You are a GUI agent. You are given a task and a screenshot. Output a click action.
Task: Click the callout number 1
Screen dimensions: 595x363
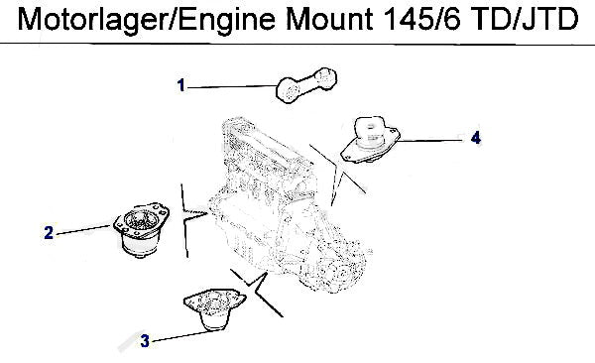(181, 85)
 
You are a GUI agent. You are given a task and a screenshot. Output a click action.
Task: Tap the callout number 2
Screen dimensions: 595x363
(49, 232)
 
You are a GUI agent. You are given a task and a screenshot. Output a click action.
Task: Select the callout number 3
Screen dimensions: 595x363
(145, 341)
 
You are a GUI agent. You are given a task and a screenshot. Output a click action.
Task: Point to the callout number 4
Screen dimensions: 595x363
(476, 137)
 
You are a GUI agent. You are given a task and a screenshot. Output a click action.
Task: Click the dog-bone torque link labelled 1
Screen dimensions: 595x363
(306, 85)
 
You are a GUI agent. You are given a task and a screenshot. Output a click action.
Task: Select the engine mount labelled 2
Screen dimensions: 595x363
(141, 230)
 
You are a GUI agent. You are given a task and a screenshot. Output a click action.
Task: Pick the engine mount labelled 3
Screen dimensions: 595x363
(215, 309)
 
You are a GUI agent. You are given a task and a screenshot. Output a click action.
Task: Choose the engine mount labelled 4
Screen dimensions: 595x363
(370, 140)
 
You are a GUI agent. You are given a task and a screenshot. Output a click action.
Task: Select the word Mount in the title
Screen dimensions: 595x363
(330, 19)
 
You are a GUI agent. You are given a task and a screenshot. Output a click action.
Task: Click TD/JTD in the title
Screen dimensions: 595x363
(526, 19)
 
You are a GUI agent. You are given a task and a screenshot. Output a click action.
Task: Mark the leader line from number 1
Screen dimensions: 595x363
(232, 87)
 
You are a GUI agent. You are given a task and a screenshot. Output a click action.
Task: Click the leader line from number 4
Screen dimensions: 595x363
(431, 141)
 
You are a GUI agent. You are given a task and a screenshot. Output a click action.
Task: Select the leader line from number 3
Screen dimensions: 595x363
(186, 335)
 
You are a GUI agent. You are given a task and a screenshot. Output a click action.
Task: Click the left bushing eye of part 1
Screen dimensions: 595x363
(290, 91)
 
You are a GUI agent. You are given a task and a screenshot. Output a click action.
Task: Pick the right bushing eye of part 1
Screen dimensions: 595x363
(325, 78)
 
